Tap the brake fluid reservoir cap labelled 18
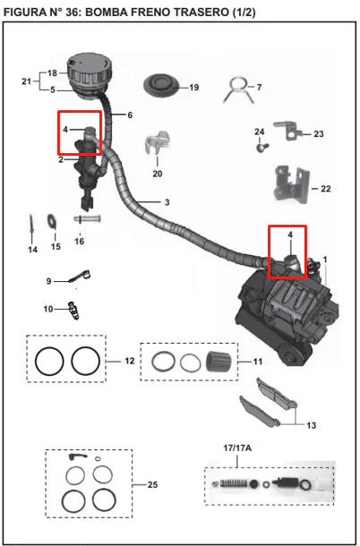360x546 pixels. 90,70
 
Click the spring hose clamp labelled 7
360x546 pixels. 239,90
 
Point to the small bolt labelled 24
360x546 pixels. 262,147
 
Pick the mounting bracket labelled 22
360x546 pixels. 291,183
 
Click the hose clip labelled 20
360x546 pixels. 157,142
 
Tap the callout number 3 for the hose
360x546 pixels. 167,202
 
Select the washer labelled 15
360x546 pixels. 52,222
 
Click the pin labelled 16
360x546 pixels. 87,219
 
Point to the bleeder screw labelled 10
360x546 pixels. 73,310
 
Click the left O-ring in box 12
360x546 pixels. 49,361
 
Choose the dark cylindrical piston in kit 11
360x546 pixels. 219,362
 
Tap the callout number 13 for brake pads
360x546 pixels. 312,425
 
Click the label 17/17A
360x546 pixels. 237,448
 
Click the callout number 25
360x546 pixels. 152,484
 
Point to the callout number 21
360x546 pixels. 27,81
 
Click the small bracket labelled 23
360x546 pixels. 287,131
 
